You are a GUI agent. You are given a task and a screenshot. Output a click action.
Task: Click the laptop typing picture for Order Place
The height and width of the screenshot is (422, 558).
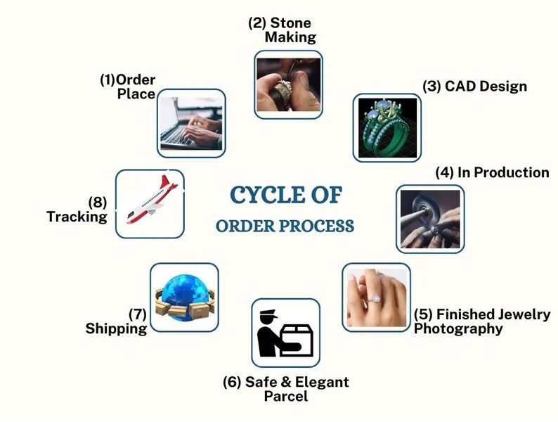(191, 123)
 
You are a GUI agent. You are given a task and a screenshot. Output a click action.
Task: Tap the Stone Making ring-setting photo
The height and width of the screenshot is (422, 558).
(288, 84)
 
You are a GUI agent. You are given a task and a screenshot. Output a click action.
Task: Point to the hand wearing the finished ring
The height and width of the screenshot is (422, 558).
(376, 298)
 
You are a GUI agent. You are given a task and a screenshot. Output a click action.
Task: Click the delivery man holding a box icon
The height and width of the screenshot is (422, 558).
(285, 333)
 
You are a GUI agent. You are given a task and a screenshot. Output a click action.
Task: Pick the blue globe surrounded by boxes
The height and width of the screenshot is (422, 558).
(184, 298)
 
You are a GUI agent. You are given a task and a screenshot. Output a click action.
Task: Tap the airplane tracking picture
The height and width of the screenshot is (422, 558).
(150, 202)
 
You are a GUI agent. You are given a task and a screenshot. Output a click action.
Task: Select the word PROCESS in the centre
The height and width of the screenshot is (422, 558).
(320, 226)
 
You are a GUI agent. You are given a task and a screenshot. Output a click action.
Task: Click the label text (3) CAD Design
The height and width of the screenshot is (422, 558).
(474, 87)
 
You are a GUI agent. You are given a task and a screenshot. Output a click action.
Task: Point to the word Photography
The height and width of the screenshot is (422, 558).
(458, 328)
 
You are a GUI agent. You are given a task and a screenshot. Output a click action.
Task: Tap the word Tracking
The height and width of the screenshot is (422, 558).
(77, 217)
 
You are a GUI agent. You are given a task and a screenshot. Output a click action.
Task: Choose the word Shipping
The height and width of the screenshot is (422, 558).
(116, 328)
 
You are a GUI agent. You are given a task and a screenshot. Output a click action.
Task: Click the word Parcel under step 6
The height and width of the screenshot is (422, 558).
(285, 397)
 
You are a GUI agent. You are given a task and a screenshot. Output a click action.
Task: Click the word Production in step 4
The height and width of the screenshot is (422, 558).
(514, 172)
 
